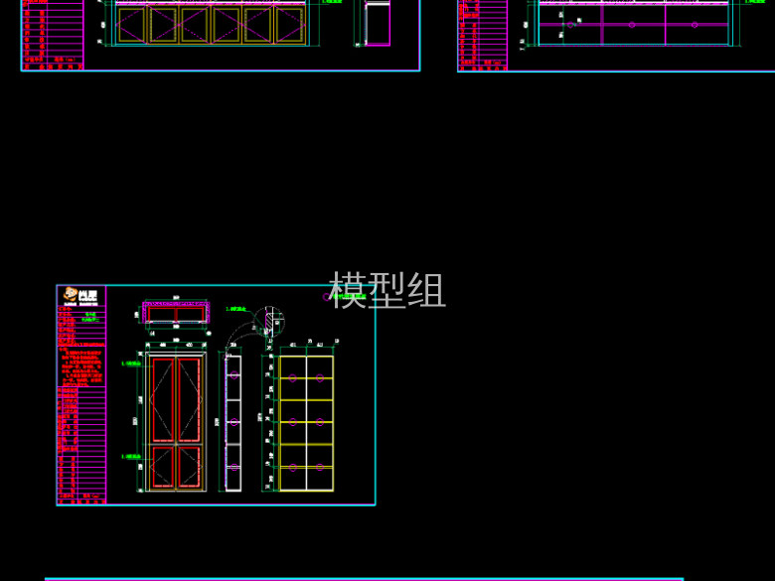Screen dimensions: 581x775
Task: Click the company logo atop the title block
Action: [80, 295]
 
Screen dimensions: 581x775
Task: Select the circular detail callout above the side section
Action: [266, 321]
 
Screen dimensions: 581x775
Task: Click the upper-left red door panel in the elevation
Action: [162, 397]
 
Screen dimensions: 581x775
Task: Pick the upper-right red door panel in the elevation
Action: [189, 397]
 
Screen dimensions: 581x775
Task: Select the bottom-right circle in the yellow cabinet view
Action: [320, 465]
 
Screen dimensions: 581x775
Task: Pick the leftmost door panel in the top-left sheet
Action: [132, 26]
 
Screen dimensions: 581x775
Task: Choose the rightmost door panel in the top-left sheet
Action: [290, 26]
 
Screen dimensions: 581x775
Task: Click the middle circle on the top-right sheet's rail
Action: [632, 24]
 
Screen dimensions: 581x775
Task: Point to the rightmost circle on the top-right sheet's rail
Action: [695, 24]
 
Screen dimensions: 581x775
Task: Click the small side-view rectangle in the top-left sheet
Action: [378, 25]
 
